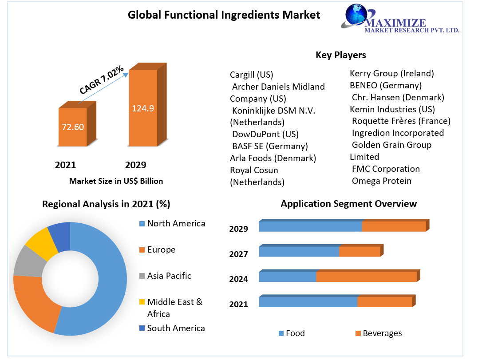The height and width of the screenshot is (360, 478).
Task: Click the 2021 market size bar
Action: (x=73, y=127)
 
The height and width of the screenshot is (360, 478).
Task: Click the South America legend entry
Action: (x=176, y=328)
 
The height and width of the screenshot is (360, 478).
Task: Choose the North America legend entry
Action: (x=176, y=223)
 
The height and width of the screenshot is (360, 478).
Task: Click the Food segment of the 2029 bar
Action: (x=310, y=226)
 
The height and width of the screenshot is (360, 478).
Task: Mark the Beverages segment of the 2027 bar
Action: (x=359, y=252)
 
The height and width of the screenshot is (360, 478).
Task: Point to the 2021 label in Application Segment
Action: (x=238, y=304)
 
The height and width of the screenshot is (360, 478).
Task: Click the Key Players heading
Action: (x=341, y=55)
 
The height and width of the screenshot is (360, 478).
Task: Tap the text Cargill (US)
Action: (x=251, y=75)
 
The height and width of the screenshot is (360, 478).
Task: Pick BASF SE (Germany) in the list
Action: (x=270, y=146)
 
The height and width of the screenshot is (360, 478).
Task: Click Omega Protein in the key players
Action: (x=381, y=181)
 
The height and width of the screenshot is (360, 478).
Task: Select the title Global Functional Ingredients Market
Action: (x=224, y=15)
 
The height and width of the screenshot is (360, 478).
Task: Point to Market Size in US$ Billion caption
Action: (x=116, y=181)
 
